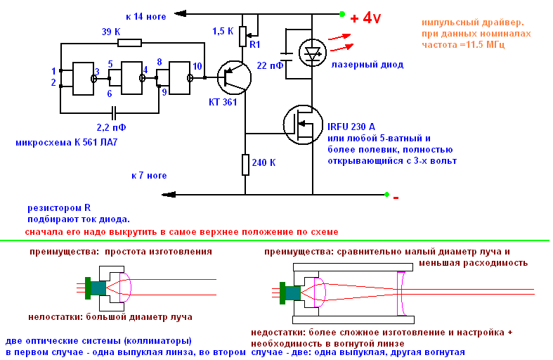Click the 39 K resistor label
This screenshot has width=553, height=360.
[x=111, y=32]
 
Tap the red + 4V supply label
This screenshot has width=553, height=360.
[x=365, y=18]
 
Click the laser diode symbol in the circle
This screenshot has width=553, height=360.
[x=311, y=51]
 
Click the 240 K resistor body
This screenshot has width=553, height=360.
[x=246, y=164]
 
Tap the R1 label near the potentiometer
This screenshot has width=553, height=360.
[x=255, y=44]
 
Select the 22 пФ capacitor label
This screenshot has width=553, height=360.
[x=271, y=65]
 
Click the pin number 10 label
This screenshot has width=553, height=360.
[x=198, y=66]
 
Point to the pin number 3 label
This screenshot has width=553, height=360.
[x=97, y=72]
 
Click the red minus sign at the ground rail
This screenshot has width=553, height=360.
[x=396, y=198]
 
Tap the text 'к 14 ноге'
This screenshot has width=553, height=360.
[x=146, y=15]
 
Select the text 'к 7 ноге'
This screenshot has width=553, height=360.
[x=149, y=175]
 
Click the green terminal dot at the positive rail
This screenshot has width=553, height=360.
[x=342, y=13]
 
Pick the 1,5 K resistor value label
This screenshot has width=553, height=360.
[x=223, y=31]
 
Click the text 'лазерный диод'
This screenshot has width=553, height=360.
[x=367, y=65]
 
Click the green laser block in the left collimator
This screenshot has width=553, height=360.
[x=88, y=286]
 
